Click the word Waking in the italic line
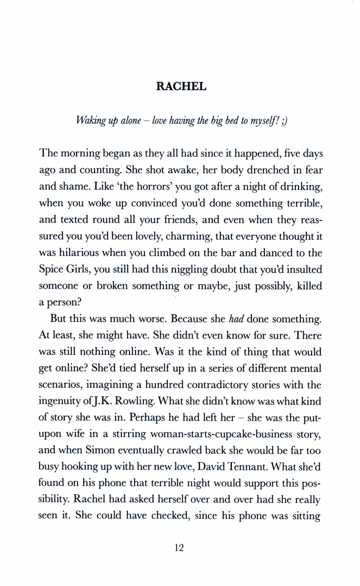(92, 120)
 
